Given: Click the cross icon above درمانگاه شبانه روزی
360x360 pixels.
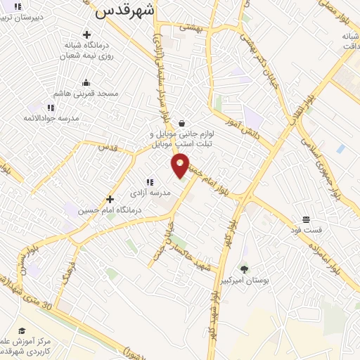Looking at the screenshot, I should tap(86, 34).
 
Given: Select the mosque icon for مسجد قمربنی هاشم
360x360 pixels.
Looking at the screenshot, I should tap(86, 83).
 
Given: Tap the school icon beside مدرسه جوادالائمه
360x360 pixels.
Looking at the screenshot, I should tap(51, 108).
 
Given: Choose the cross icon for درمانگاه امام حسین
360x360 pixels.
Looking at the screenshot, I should tap(109, 199).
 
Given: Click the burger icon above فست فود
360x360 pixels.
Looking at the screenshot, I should tap(307, 219).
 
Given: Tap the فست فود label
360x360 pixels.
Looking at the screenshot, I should tap(307, 230).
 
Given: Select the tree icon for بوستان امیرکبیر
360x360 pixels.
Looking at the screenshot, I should tap(244, 269).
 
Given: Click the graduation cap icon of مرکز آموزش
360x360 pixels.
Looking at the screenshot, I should tap(22, 330).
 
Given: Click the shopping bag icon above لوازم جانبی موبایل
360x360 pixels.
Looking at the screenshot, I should tap(181, 122).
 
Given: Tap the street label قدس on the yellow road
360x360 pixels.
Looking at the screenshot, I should tap(106, 148).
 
